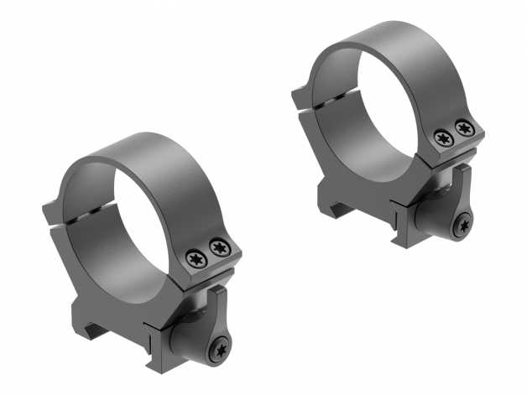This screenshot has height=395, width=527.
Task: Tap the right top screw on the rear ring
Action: point(463,127)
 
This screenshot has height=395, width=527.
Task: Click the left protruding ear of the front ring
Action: point(55,214)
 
